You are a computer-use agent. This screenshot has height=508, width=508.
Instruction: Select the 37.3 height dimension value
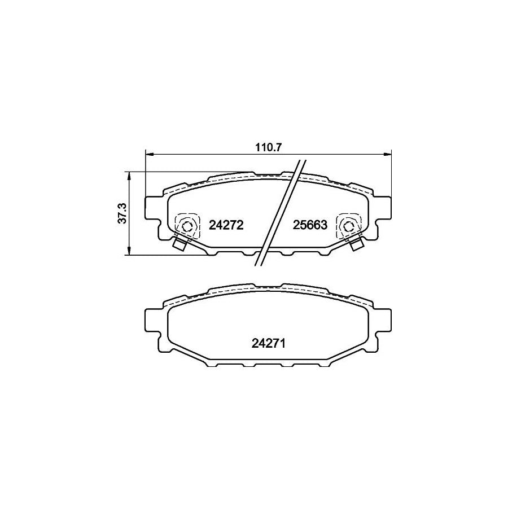tap(121, 214)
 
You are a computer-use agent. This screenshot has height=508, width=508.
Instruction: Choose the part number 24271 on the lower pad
tap(268, 342)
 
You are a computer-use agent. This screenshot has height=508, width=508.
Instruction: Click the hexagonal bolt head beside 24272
tap(187, 226)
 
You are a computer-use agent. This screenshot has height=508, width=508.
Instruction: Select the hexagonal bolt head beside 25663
tap(348, 226)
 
